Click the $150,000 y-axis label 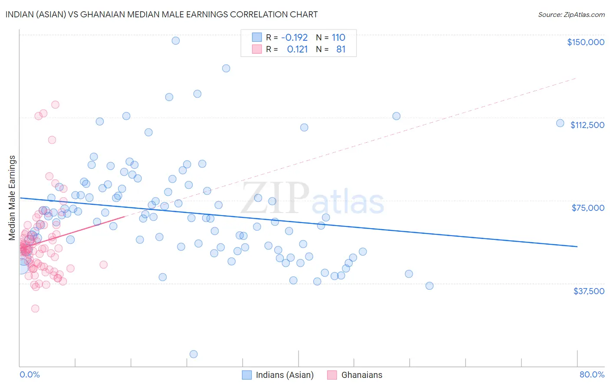point(585,42)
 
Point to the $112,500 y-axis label point(587,125)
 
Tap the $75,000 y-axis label point(588,208)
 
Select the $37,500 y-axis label point(589,291)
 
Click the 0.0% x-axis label point(30,374)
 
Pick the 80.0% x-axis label point(592,374)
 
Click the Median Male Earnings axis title point(12,197)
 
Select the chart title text point(161,14)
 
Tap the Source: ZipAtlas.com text point(571,15)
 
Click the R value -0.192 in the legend point(294,37)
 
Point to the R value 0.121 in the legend point(297,49)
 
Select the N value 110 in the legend point(338,37)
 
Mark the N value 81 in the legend point(341,49)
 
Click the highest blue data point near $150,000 point(176,40)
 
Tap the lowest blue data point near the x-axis point(193,354)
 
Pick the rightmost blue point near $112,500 point(560,123)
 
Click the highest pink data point point(55,105)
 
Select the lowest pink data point point(35,308)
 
